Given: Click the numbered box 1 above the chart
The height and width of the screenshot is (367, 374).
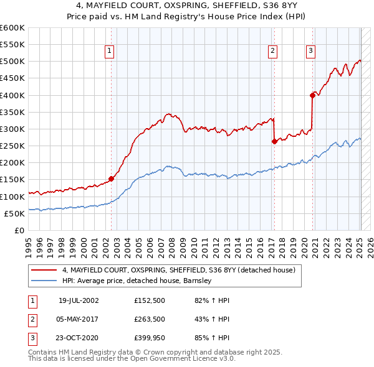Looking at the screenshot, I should [110, 51].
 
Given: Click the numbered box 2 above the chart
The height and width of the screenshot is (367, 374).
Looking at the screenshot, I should [273, 51].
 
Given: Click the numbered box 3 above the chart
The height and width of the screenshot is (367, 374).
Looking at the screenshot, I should [310, 51].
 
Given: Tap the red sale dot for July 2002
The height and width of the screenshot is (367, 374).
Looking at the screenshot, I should [112, 179].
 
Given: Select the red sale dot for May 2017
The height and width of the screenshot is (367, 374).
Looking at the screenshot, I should [274, 141].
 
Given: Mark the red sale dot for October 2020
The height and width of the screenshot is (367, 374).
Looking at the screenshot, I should [312, 95].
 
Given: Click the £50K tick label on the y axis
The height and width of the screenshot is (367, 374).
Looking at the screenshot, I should [14, 213].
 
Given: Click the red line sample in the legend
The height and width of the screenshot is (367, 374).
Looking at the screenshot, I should [44, 270].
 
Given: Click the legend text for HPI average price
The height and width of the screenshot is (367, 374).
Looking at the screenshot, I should [137, 281].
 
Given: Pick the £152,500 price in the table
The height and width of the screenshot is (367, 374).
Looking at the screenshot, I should [150, 300].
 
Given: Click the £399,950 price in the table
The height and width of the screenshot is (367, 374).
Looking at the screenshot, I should [150, 338].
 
